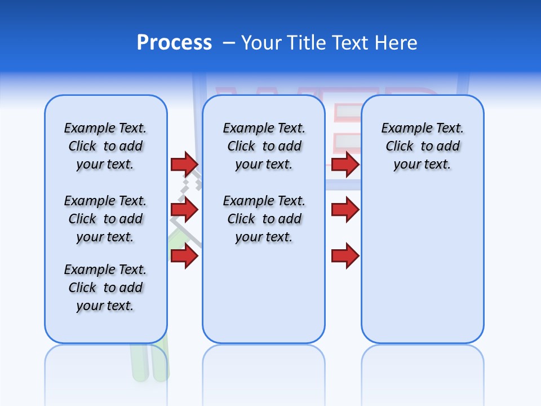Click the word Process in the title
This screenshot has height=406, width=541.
(x=174, y=43)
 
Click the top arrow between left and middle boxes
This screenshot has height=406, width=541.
(x=184, y=164)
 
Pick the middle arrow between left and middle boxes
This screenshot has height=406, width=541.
(x=184, y=210)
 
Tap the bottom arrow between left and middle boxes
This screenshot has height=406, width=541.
(x=184, y=257)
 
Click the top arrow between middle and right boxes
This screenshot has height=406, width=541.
(x=345, y=164)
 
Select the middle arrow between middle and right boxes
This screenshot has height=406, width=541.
(x=345, y=210)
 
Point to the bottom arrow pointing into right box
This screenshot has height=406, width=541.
(x=345, y=257)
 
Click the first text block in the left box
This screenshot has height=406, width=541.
(x=105, y=146)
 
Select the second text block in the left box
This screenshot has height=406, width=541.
(x=105, y=219)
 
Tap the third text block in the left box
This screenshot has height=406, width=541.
(x=105, y=288)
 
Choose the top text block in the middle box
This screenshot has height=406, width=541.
(x=264, y=146)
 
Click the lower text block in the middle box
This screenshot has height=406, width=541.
(x=264, y=219)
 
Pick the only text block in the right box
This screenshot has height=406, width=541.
(x=422, y=146)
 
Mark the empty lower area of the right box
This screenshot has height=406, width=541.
(x=422, y=265)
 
